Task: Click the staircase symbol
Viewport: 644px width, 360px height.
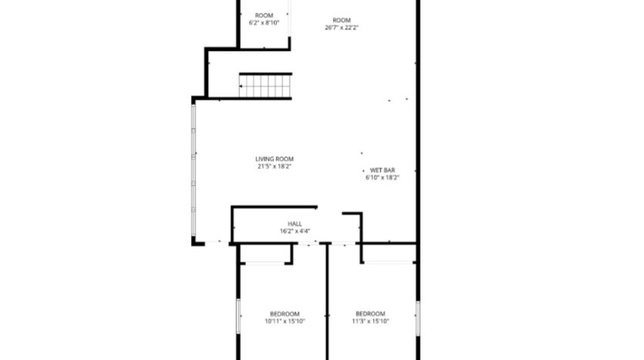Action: click(x=266, y=85)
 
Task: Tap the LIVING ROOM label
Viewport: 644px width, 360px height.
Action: click(x=275, y=159)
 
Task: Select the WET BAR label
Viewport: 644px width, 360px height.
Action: click(x=383, y=170)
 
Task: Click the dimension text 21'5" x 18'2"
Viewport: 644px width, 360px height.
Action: click(x=275, y=166)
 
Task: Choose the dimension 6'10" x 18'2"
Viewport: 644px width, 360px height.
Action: click(x=383, y=177)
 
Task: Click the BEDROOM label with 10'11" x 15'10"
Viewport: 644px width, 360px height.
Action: click(x=285, y=314)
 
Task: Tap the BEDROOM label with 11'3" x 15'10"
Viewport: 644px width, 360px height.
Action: click(x=370, y=314)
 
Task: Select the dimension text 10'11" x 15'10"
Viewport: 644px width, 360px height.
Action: click(x=285, y=321)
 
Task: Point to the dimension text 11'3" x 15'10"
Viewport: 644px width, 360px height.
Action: click(x=370, y=321)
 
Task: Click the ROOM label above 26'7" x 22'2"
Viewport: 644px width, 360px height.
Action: click(x=342, y=20)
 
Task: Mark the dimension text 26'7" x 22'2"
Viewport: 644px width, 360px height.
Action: click(x=342, y=27)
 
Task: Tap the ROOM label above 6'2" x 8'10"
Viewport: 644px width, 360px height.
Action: click(x=264, y=15)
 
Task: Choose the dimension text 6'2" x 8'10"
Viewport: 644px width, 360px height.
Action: click(x=264, y=23)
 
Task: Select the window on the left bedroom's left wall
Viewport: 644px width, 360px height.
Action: click(x=238, y=316)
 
